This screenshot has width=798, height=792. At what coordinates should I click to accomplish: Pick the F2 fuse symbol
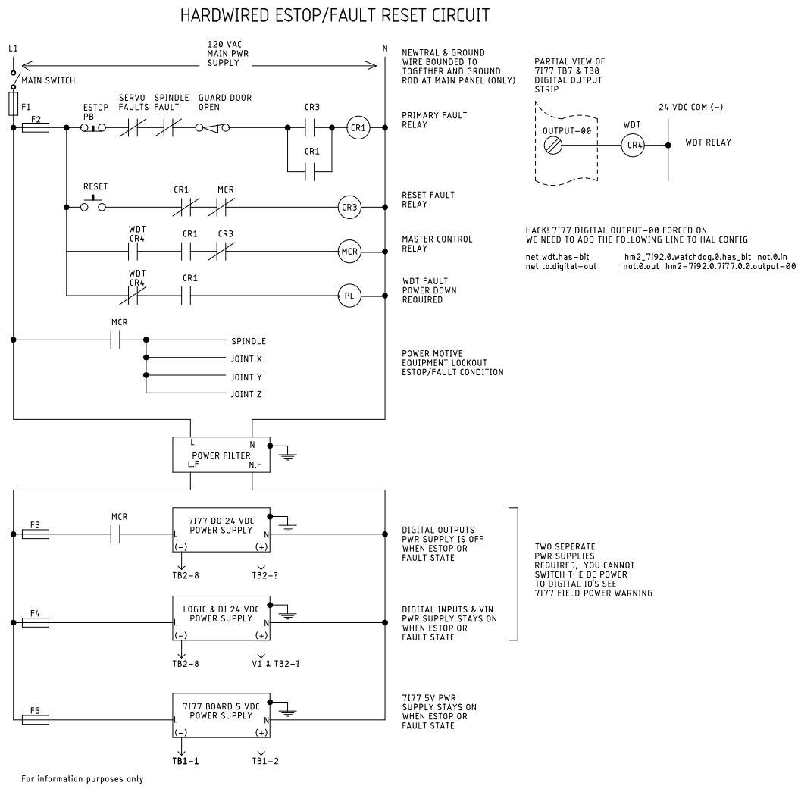[x=36, y=127]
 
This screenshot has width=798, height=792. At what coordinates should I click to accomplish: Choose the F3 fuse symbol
[x=36, y=534]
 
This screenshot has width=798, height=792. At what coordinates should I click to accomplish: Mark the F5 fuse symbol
[x=36, y=720]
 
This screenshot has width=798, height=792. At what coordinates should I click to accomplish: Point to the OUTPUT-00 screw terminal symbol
[x=552, y=146]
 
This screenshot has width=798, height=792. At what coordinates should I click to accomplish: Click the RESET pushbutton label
[x=95, y=186]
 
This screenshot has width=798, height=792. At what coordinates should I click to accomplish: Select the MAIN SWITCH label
[x=49, y=80]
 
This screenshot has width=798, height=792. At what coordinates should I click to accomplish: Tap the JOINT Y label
[x=246, y=377]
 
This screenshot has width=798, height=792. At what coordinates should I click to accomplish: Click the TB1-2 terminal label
[x=265, y=761]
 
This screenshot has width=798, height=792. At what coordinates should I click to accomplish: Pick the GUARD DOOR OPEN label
[x=225, y=102]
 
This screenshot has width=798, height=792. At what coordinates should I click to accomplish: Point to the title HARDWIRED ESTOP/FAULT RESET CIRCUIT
[x=335, y=16]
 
